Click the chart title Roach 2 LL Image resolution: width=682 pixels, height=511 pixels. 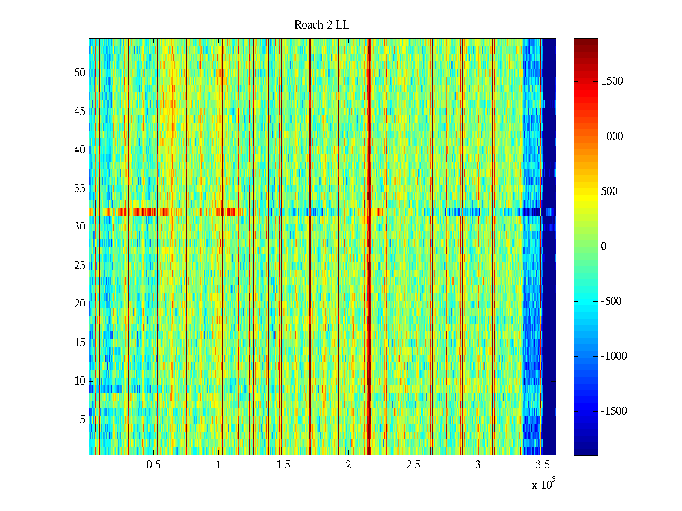(321, 25)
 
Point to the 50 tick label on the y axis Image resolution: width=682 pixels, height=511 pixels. (80, 73)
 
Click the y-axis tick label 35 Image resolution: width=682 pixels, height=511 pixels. (80, 189)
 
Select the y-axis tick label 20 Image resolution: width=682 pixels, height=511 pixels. (80, 304)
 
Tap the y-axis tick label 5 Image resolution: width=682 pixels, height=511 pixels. (82, 420)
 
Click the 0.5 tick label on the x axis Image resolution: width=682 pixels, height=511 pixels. (153, 465)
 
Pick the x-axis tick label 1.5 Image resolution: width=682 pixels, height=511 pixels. (283, 465)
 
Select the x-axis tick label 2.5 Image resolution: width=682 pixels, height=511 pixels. (413, 465)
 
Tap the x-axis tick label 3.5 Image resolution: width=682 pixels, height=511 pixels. (543, 465)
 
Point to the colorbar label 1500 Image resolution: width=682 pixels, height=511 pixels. (612, 81)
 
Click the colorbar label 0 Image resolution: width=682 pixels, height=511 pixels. (604, 247)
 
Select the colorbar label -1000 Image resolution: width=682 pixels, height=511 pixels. (614, 356)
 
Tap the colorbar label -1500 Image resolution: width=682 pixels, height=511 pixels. (614, 411)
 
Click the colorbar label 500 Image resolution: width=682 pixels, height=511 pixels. (609, 192)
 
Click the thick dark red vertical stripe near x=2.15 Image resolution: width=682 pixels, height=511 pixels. (369, 255)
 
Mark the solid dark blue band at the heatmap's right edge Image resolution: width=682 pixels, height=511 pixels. (549, 298)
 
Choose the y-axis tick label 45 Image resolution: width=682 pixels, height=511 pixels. (80, 112)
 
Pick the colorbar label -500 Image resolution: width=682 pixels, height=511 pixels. (611, 301)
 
